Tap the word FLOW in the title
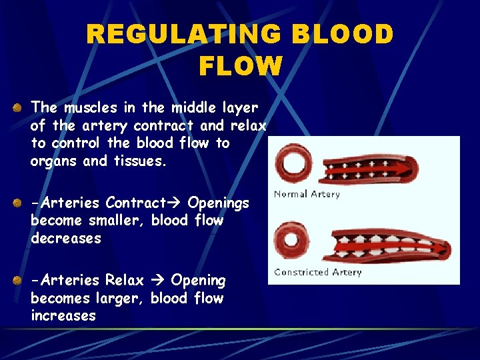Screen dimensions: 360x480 [240, 66]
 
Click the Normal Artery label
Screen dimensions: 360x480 [307, 194]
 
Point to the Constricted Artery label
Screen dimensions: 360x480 [317, 272]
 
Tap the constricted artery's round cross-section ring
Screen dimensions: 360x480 [291, 238]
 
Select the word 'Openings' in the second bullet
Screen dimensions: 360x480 [219, 203]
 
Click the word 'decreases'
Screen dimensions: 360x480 [65, 239]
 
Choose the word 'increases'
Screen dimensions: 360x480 [63, 316]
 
